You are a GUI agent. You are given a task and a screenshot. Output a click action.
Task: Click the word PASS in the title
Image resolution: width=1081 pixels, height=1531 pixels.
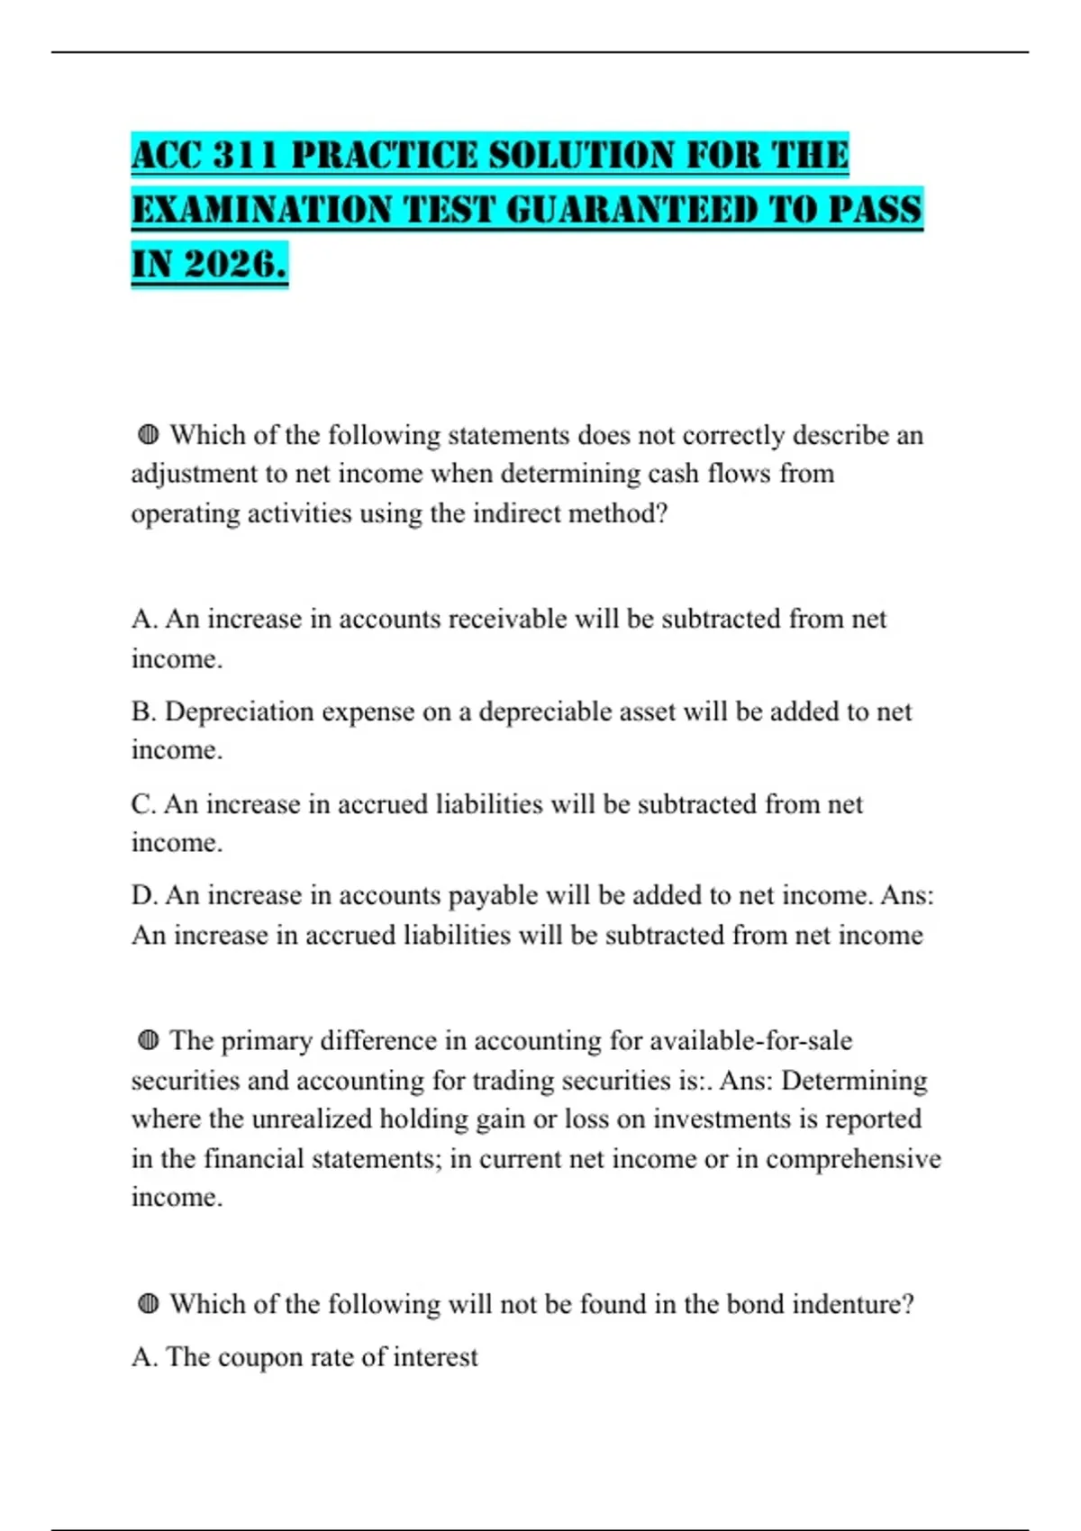click(875, 210)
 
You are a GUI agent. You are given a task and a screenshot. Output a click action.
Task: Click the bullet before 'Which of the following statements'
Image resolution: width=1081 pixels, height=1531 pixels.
click(149, 435)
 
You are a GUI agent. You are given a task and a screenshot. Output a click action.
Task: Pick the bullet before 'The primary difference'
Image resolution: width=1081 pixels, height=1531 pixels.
click(149, 1040)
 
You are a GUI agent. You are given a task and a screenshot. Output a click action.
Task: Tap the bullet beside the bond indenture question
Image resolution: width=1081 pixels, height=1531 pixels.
click(149, 1303)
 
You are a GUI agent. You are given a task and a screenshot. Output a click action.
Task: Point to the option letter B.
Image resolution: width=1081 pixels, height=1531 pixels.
click(142, 711)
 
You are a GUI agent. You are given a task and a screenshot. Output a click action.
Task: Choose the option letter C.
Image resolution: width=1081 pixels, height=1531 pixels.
click(142, 803)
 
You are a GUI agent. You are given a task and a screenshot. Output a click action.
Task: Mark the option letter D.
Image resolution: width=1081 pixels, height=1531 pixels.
click(142, 895)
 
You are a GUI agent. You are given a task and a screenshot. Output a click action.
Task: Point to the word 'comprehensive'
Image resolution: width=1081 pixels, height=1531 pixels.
click(853, 1158)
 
